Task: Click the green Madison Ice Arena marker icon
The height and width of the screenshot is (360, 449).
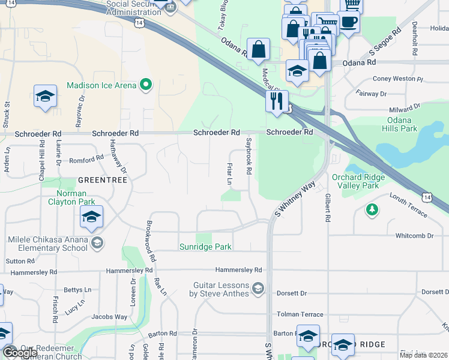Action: [x=145, y=85]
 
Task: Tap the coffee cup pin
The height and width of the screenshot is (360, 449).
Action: [x=348, y=23]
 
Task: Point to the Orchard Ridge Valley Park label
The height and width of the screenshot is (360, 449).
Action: [x=355, y=181]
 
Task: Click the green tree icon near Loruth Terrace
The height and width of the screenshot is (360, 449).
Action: [x=372, y=209]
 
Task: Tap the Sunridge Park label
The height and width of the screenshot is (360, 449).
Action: [x=205, y=247]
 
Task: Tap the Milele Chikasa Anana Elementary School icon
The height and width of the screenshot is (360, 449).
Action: [x=97, y=243]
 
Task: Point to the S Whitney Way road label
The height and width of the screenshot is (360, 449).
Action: [x=295, y=200]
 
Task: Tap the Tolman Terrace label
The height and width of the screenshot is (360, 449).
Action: [x=300, y=314]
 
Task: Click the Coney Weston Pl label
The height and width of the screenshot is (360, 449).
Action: [x=398, y=79]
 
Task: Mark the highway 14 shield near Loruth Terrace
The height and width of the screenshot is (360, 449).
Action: [x=426, y=197]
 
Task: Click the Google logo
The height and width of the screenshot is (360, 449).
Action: [x=19, y=353]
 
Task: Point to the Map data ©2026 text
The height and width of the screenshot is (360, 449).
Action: [x=424, y=355]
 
